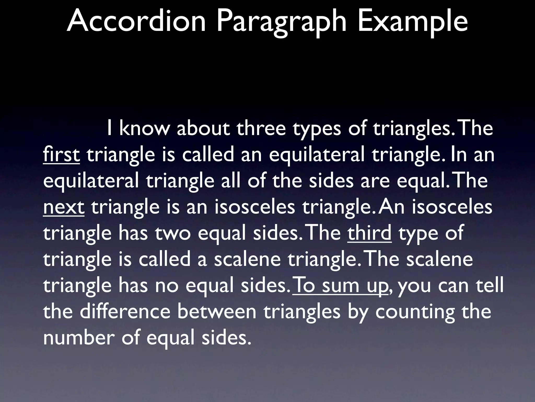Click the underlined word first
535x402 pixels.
[61, 154]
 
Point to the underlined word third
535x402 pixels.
[369, 233]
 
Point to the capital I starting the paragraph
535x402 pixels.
[110, 129]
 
